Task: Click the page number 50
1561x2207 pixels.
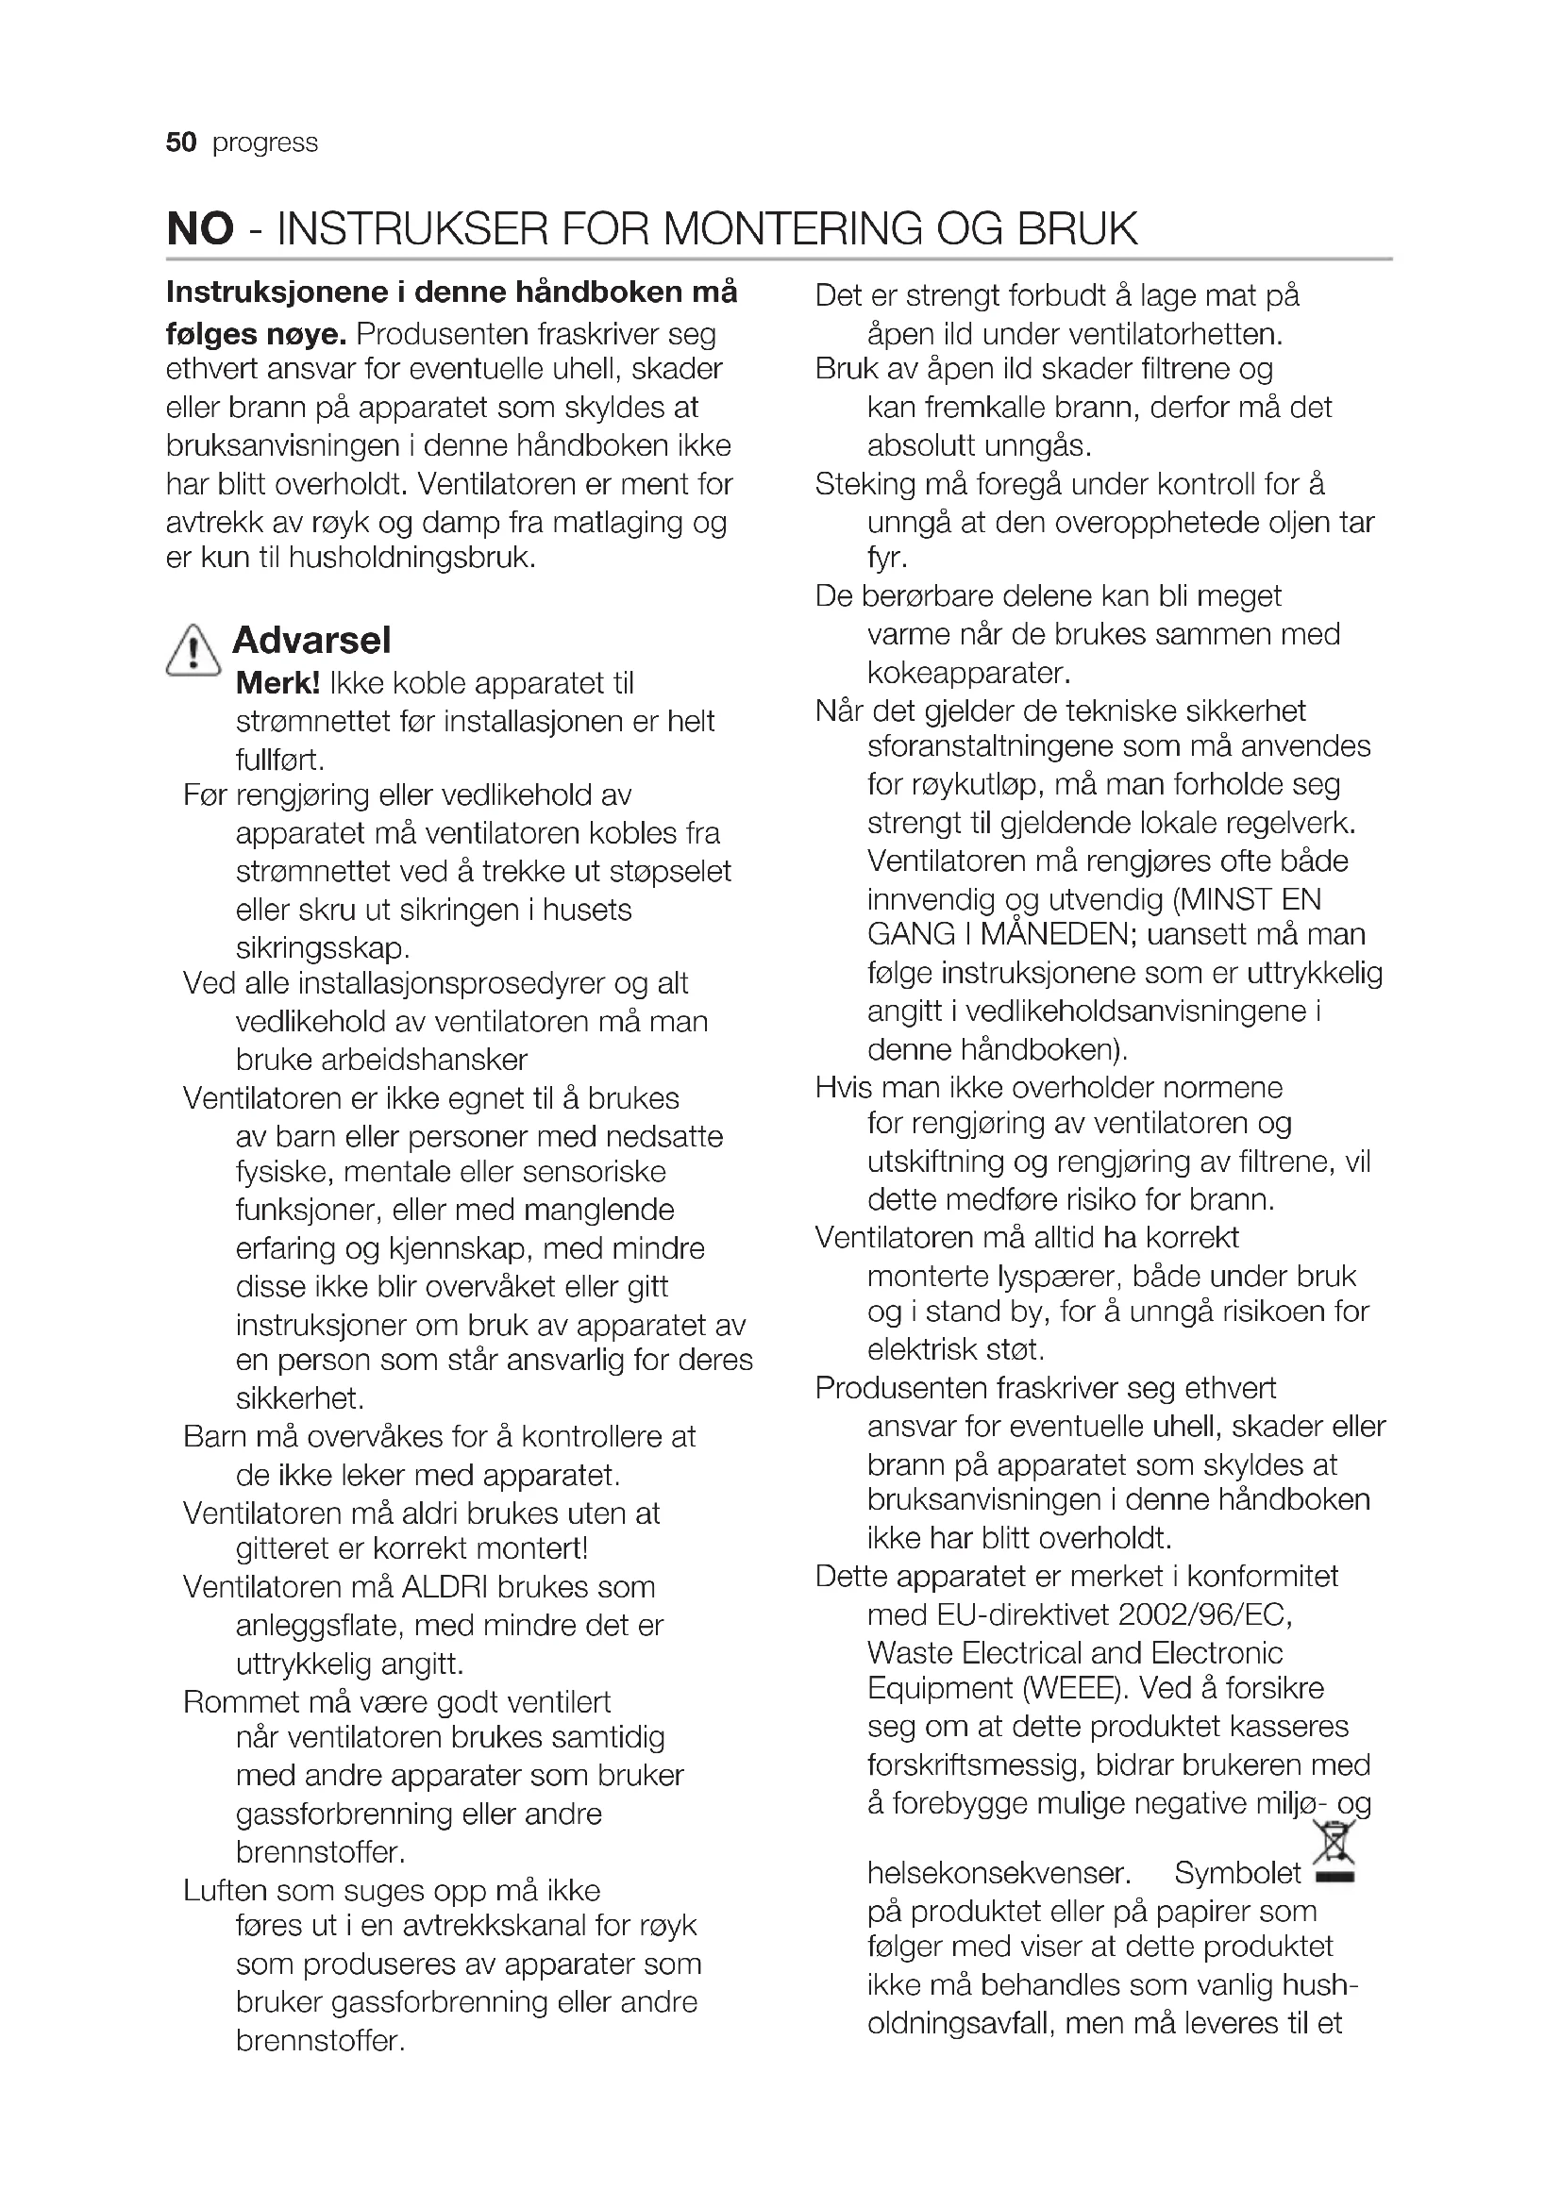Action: click(180, 142)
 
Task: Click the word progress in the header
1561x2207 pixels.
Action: click(265, 143)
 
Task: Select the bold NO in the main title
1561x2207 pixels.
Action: click(200, 228)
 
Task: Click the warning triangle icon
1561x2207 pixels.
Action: click(193, 650)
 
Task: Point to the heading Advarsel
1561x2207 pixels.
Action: click(311, 640)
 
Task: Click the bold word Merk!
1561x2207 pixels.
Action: click(277, 683)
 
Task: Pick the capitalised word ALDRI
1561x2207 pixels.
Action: click(446, 1587)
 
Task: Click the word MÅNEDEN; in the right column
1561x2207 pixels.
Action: click(1056, 934)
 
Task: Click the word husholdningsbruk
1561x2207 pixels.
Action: click(411, 558)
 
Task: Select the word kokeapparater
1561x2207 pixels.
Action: click(969, 672)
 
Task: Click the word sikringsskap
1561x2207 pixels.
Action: click(323, 947)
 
